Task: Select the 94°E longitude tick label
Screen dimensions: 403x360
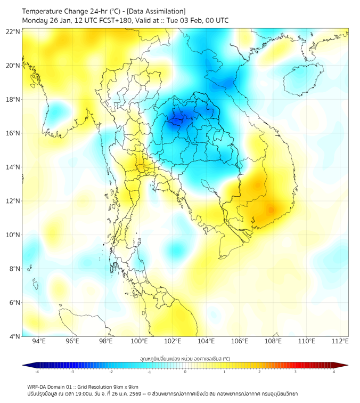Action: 39,341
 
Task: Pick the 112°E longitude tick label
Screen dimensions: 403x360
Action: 340,341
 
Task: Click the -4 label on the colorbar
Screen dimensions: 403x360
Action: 37,372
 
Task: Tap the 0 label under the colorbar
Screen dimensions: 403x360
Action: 185,372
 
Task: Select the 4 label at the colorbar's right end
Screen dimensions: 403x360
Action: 334,372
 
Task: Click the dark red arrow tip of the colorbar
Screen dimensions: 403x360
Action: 345,365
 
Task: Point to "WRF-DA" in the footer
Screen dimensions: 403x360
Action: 38,386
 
